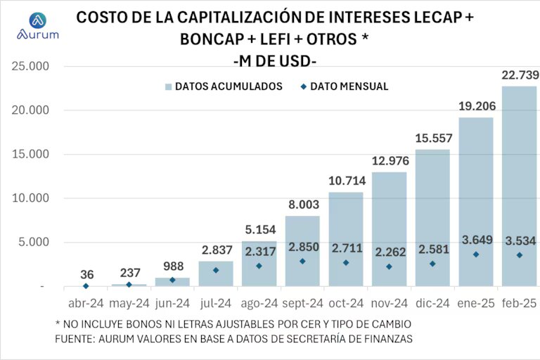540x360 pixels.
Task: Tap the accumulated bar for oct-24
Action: pyautogui.click(x=346, y=239)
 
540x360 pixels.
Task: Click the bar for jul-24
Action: pyautogui.click(x=216, y=274)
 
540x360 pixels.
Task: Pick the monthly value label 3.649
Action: pyautogui.click(x=476, y=240)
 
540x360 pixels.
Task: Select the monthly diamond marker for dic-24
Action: pyautogui.click(x=433, y=264)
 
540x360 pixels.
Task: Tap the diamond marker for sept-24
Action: pyautogui.click(x=302, y=262)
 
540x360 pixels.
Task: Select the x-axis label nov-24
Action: pyautogui.click(x=389, y=303)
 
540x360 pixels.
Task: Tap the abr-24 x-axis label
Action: pyautogui.click(x=86, y=303)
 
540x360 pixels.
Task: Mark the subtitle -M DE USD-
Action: pyautogui.click(x=274, y=61)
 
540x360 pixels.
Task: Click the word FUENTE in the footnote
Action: pyautogui.click(x=74, y=338)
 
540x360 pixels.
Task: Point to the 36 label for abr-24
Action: pyautogui.click(x=86, y=274)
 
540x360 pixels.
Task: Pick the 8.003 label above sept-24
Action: pyautogui.click(x=302, y=205)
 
